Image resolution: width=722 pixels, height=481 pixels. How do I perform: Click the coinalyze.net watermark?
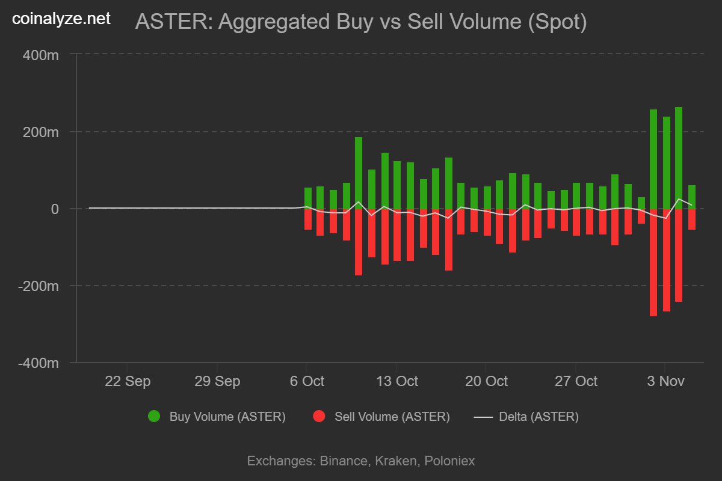click(x=61, y=19)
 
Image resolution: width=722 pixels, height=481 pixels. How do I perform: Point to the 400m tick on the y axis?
click(x=42, y=55)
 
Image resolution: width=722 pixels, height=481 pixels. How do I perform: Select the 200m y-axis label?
click(x=42, y=132)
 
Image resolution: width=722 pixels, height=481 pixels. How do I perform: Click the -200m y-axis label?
click(x=39, y=286)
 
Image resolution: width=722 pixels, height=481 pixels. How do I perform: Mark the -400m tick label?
click(x=39, y=363)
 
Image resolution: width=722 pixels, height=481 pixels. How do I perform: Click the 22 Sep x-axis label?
click(x=128, y=381)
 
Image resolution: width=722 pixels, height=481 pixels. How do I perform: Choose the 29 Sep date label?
click(x=217, y=381)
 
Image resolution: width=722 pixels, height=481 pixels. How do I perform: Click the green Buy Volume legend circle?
click(x=154, y=416)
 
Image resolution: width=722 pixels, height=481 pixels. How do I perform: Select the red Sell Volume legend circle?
click(x=319, y=416)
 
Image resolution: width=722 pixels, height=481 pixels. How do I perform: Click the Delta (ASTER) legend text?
click(x=538, y=416)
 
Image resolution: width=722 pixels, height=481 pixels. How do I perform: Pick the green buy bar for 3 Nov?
click(x=666, y=162)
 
